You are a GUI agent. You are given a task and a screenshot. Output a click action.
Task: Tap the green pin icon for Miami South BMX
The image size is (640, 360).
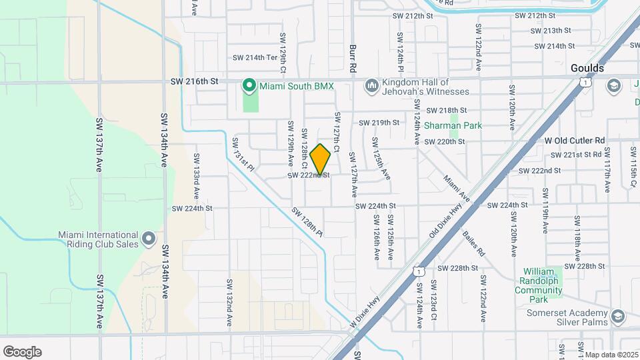coord(249,85)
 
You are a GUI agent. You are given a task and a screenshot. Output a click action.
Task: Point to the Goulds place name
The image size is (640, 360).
coord(587,68)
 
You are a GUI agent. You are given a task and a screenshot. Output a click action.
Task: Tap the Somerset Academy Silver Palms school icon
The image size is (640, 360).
coord(618,317)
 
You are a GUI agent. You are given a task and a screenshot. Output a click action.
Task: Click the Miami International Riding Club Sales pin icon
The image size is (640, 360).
coord(148,238)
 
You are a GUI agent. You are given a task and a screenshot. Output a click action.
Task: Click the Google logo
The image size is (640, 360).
coord(22,351)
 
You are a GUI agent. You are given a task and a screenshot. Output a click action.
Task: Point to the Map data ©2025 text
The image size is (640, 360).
coord(611,355)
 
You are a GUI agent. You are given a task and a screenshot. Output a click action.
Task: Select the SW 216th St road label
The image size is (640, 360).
coord(195,81)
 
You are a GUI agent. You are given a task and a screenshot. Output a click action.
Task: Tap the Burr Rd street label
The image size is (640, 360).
coord(353,59)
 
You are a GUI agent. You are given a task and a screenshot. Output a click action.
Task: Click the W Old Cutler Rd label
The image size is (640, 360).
coord(574,141)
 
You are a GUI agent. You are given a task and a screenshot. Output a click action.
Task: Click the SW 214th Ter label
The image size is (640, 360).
coord(253,57)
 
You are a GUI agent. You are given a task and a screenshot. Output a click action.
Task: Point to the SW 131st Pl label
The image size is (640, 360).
coord(243,154)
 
